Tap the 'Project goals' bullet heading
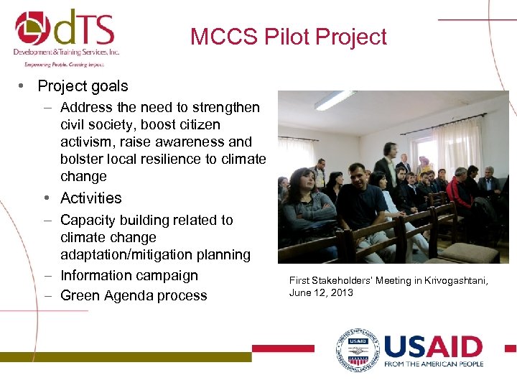point(83,86)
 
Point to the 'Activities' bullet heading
point(91,198)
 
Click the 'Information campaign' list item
point(129,275)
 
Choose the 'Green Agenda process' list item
point(134,295)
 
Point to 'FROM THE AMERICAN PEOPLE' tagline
point(433,364)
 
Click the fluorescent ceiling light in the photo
point(335,100)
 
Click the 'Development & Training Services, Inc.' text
point(66,52)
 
